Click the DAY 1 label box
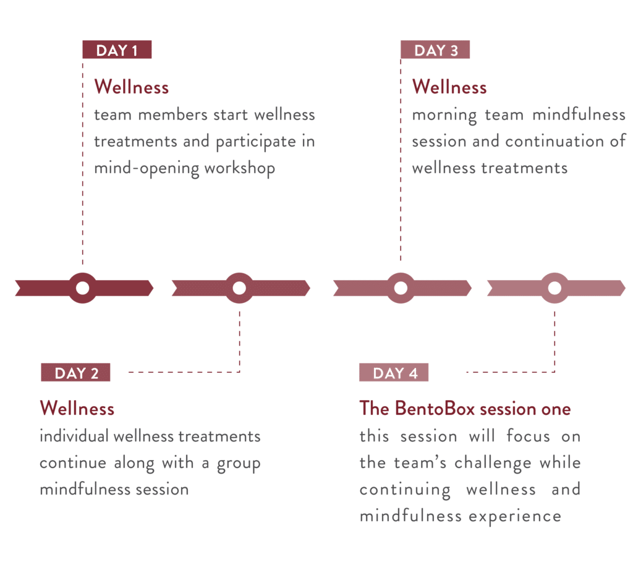coord(117,50)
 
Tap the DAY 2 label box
coord(76,373)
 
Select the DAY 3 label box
coord(436,50)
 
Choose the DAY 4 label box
coord(395,373)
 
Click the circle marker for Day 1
coord(82,287)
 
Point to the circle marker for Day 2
coord(239,287)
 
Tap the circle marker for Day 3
coord(400,287)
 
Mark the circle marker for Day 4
coord(554,287)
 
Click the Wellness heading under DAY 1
coord(131,87)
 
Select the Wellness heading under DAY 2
coord(77,408)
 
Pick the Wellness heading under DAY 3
coord(449,87)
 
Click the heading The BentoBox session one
coord(465,409)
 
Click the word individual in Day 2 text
coord(74,437)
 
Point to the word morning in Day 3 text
coord(445,115)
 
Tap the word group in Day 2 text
coord(238,464)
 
